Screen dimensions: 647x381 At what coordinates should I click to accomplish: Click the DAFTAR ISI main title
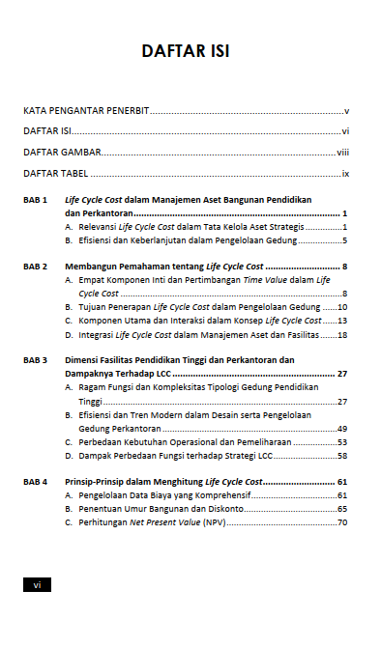pyautogui.click(x=190, y=50)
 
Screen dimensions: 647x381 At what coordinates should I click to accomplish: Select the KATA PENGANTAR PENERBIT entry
pyautogui.click(x=86, y=111)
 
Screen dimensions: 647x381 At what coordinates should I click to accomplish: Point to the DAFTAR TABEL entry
pyautogui.click(x=57, y=174)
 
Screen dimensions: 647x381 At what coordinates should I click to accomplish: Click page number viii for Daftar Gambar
pyautogui.click(x=342, y=153)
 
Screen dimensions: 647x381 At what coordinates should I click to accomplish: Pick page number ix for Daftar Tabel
pyautogui.click(x=344, y=174)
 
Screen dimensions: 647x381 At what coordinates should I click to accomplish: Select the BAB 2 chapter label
pyautogui.click(x=36, y=265)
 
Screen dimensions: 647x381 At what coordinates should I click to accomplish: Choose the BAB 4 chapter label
pyautogui.click(x=36, y=481)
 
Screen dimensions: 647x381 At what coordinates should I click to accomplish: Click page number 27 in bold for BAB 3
pyautogui.click(x=342, y=373)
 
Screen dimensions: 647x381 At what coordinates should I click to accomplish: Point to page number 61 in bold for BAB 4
pyautogui.click(x=342, y=481)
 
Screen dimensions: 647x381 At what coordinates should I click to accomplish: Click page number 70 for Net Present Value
pyautogui.click(x=342, y=521)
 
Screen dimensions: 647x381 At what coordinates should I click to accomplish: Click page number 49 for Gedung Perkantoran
pyautogui.click(x=342, y=427)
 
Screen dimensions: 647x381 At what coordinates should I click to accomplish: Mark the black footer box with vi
pyautogui.click(x=37, y=584)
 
